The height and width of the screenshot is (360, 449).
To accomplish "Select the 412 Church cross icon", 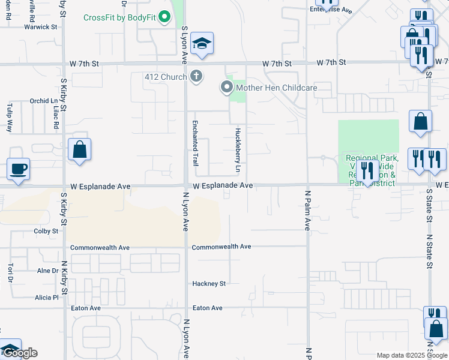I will pyautogui.click(x=196, y=76).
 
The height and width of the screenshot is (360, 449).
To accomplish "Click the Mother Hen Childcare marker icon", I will pyautogui.click(x=227, y=88).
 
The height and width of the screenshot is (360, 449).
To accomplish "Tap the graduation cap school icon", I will pyautogui.click(x=202, y=43).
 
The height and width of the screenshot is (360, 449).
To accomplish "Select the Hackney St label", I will pyautogui.click(x=208, y=284).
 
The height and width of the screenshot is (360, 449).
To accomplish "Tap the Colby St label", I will pyautogui.click(x=46, y=230).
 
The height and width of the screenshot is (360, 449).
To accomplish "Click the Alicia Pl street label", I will pyautogui.click(x=46, y=297).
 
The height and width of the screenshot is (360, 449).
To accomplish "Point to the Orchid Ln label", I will pyautogui.click(x=43, y=101).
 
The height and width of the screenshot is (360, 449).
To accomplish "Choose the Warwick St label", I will pyautogui.click(x=40, y=27).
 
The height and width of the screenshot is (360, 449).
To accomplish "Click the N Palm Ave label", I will pyautogui.click(x=307, y=211).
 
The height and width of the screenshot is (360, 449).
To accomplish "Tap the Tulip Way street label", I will pyautogui.click(x=10, y=118).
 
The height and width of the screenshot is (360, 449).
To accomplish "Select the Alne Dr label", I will pyautogui.click(x=47, y=271).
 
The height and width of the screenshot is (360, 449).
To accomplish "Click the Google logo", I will pyautogui.click(x=19, y=353).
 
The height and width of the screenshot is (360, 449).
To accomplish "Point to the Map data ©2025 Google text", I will pyautogui.click(x=412, y=355).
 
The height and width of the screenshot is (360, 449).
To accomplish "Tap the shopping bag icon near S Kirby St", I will pyautogui.click(x=79, y=149).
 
